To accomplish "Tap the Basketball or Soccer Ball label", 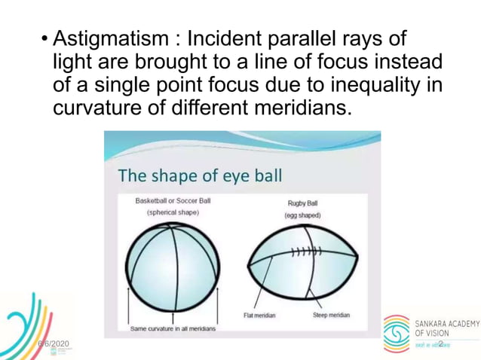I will pyautogui.click(x=173, y=202).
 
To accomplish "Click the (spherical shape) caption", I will pyautogui.click(x=173, y=213).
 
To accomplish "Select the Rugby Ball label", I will pyautogui.click(x=303, y=203).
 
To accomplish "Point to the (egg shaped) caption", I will pyautogui.click(x=303, y=215).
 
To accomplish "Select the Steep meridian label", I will pyautogui.click(x=331, y=315).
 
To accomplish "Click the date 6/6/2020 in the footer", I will pyautogui.click(x=54, y=344).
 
